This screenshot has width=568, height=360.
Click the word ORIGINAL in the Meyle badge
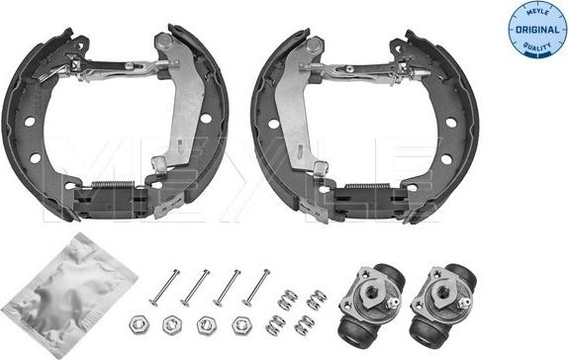pos(537,30)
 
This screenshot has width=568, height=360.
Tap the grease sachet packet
pos(69,294)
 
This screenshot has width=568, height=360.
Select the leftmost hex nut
pos(139,324)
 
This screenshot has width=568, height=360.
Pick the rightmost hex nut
pos(242,324)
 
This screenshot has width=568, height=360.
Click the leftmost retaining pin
pos(165,288)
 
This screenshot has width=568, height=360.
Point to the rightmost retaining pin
pos(256,288)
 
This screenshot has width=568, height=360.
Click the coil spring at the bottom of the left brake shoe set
pos(113,185)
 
